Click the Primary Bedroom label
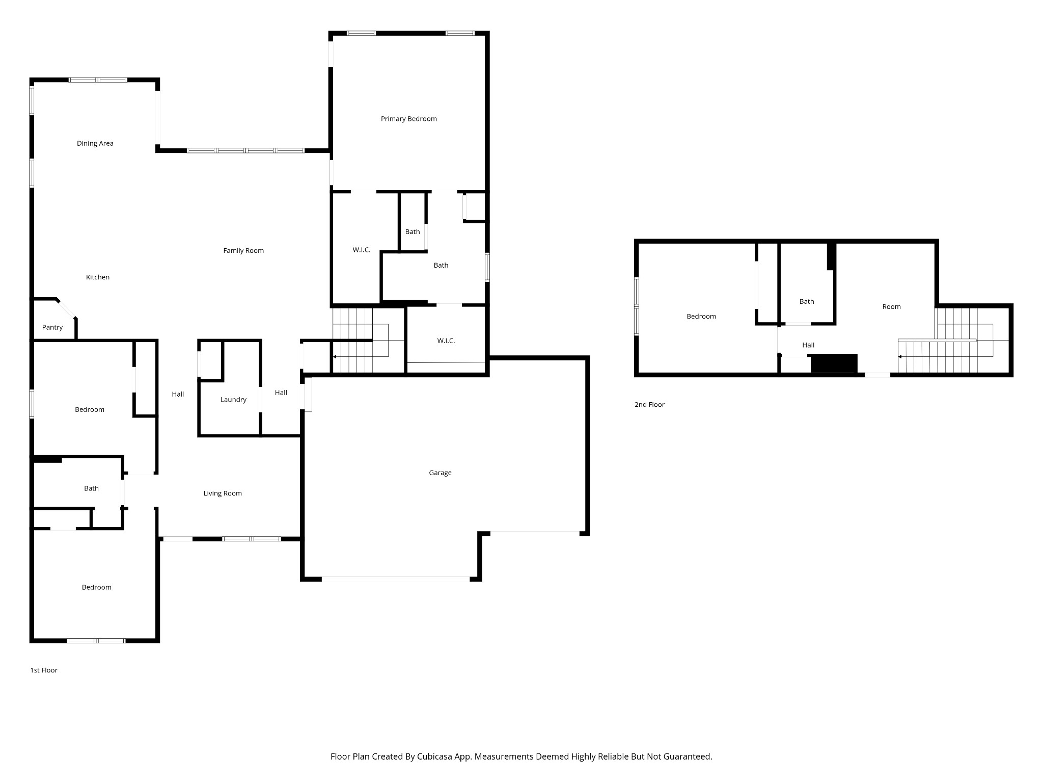coord(408,119)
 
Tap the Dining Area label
coord(95,143)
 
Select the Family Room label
coord(243,250)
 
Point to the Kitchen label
coord(97,277)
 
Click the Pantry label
coord(52,327)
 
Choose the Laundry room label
coord(233,400)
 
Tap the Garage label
coord(440,473)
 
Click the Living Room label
coord(223,493)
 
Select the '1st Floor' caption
coord(44,670)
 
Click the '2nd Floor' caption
coord(649,404)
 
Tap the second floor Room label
coord(891,306)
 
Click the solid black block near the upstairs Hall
coord(834,363)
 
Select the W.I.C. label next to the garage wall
coord(446,341)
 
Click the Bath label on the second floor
coord(807,301)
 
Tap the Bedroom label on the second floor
coord(701,316)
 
